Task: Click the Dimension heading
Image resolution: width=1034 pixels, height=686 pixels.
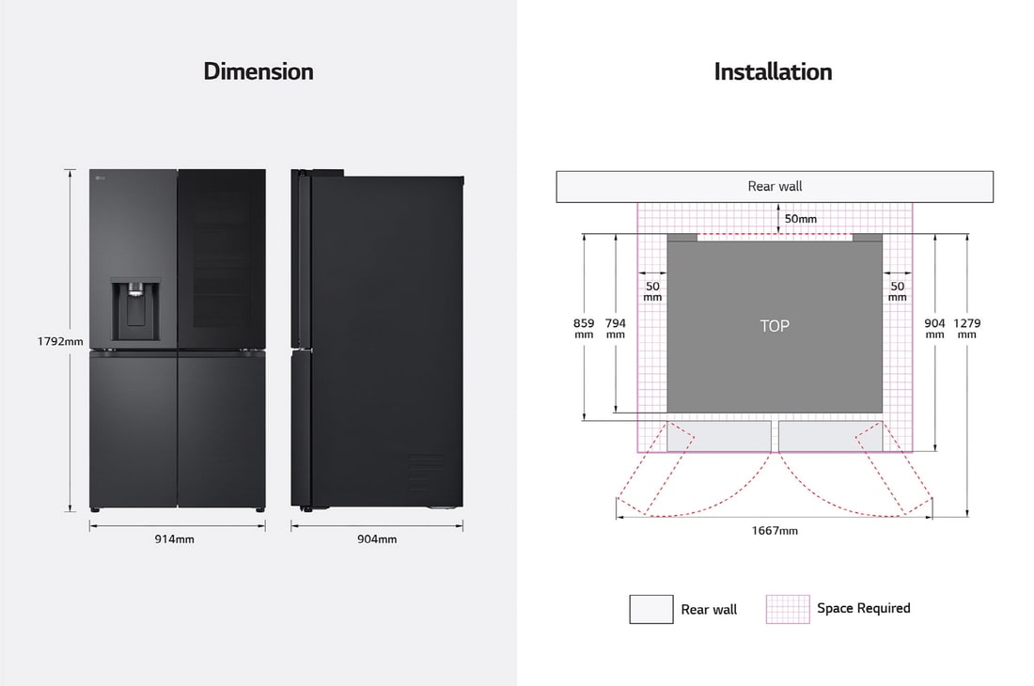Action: pyautogui.click(x=258, y=71)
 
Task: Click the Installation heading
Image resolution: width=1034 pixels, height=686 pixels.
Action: pyautogui.click(x=773, y=71)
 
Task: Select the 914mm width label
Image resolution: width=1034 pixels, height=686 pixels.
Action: pyautogui.click(x=176, y=539)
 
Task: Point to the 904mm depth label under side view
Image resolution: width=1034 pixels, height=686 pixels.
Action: pyautogui.click(x=377, y=539)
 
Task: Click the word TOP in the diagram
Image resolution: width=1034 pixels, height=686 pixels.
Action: pyautogui.click(x=775, y=326)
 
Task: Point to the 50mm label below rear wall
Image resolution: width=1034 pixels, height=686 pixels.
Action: pyautogui.click(x=801, y=219)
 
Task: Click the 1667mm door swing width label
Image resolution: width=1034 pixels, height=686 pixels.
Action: pyautogui.click(x=775, y=531)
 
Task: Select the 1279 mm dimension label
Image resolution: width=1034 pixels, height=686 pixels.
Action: pyautogui.click(x=966, y=328)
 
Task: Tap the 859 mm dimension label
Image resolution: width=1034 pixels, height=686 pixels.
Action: pyautogui.click(x=584, y=328)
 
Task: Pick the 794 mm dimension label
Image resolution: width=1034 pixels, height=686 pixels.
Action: pyautogui.click(x=615, y=328)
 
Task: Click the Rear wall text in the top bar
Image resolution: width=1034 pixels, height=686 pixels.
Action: pyautogui.click(x=775, y=186)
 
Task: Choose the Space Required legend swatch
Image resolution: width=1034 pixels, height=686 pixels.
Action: pyautogui.click(x=788, y=609)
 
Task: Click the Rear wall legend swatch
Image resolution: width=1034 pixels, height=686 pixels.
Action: pyautogui.click(x=651, y=609)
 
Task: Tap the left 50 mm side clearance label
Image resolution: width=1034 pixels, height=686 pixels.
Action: pyautogui.click(x=652, y=291)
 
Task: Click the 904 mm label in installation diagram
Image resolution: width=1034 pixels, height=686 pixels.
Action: pyautogui.click(x=934, y=328)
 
